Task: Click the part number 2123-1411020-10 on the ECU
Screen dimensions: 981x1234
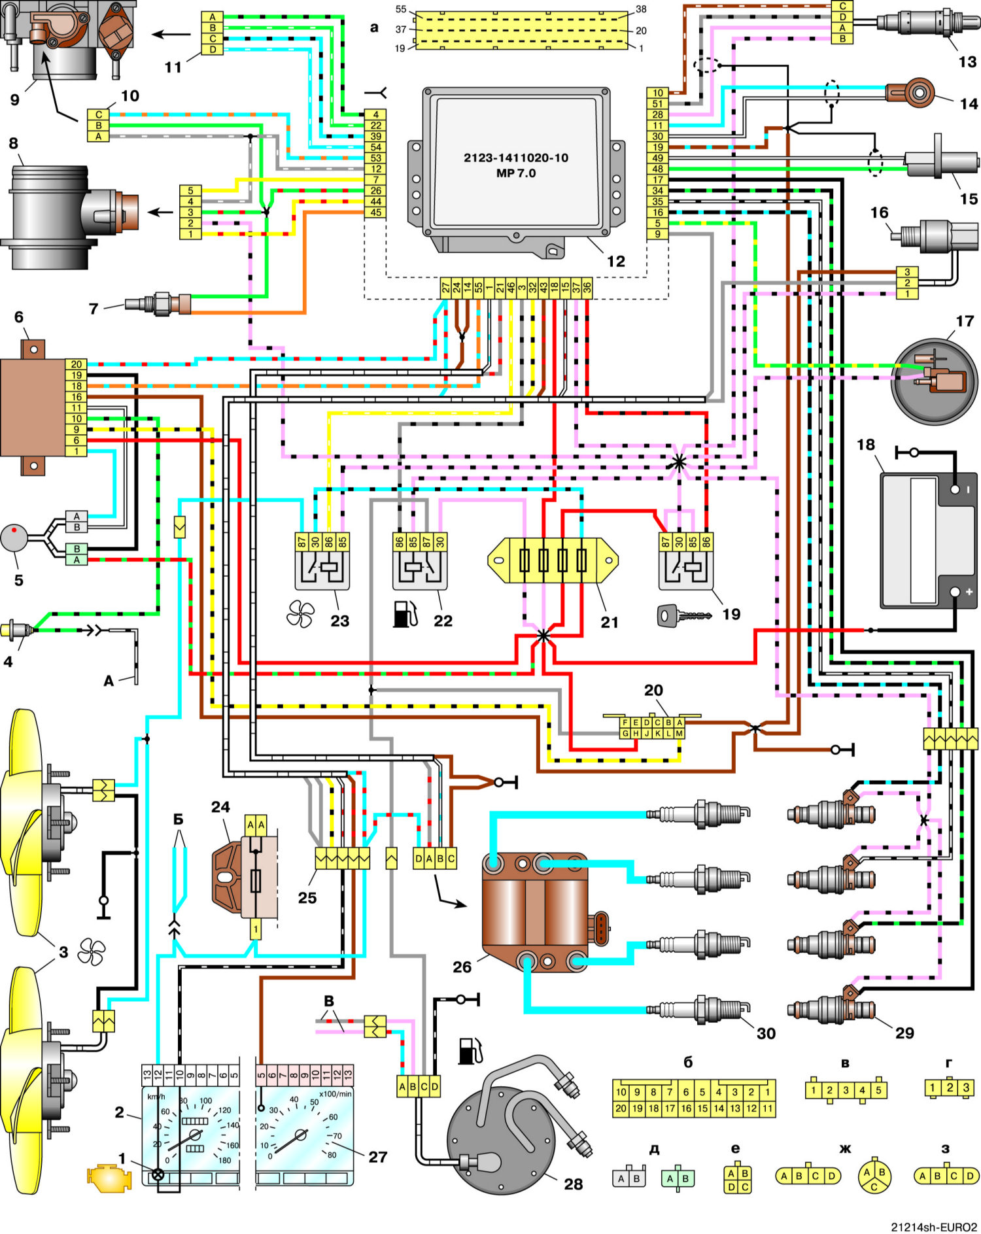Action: coord(516,158)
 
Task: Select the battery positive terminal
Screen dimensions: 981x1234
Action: coord(955,592)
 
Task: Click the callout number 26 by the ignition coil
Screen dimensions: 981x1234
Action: coord(462,967)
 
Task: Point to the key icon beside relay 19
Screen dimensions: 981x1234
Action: coord(684,615)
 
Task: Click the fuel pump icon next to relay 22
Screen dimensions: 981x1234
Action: coord(405,614)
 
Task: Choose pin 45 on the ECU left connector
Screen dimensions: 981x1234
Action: coord(375,213)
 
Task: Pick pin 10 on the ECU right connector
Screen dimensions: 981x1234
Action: coord(657,93)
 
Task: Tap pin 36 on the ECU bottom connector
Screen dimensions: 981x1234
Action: coord(587,288)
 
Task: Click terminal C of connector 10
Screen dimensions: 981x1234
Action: coord(99,114)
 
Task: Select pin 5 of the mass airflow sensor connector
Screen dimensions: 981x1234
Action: coord(190,190)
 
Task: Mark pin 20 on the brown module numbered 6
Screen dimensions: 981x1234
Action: coord(77,364)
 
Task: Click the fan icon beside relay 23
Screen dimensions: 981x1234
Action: coord(301,615)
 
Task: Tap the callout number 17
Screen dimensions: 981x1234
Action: coord(965,321)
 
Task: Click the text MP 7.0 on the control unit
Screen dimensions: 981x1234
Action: coord(516,173)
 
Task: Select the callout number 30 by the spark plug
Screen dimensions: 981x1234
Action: coord(766,1033)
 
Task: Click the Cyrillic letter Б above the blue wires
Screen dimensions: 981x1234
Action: coord(178,819)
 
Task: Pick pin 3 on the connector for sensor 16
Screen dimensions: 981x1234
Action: coord(907,272)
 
